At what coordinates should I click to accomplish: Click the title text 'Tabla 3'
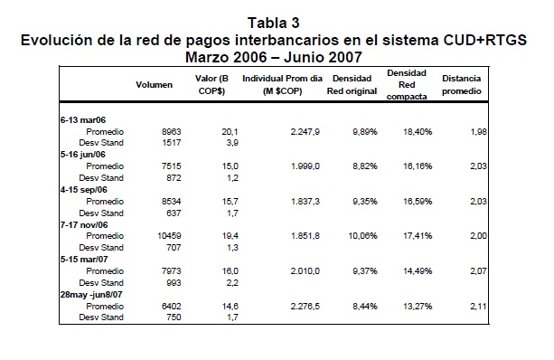(274, 23)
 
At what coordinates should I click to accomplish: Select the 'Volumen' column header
(154, 85)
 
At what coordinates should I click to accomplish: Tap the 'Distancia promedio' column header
(462, 85)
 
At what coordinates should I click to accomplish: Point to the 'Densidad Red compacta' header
(407, 85)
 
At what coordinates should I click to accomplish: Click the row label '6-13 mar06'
(83, 120)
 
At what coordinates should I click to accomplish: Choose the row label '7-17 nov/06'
(84, 225)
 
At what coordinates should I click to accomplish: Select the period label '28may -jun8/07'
(91, 295)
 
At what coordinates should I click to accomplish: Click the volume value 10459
(169, 236)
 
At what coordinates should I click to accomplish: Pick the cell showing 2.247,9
(305, 132)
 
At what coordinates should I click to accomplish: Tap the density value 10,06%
(362, 236)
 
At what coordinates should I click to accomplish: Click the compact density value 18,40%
(418, 132)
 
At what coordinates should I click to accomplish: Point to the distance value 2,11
(478, 307)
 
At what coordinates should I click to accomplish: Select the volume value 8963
(172, 132)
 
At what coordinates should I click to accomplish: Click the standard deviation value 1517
(172, 143)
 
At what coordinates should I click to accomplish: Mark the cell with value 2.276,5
(305, 307)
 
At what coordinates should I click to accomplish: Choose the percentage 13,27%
(418, 307)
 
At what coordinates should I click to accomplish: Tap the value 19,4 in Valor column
(230, 236)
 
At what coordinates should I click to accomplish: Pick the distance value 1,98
(478, 132)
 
